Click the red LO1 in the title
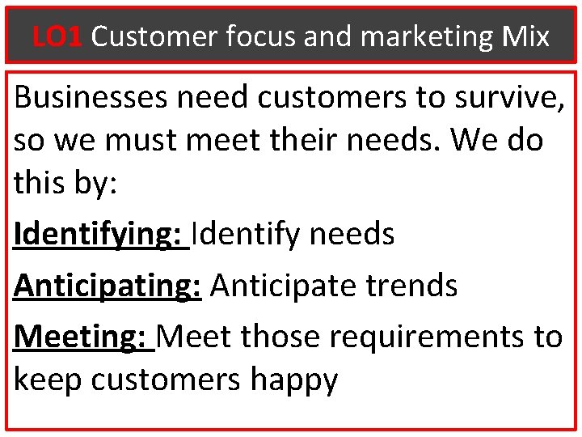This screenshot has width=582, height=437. (x=57, y=36)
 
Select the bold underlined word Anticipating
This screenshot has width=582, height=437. (x=107, y=285)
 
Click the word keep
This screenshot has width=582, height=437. (x=48, y=380)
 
